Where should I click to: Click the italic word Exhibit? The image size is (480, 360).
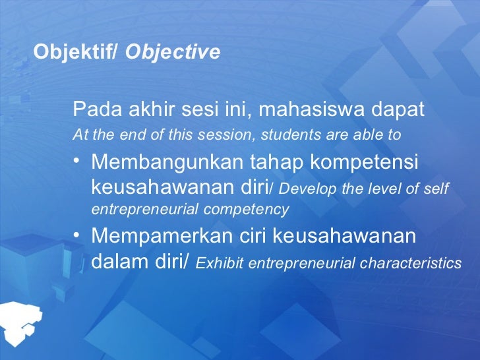220,264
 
